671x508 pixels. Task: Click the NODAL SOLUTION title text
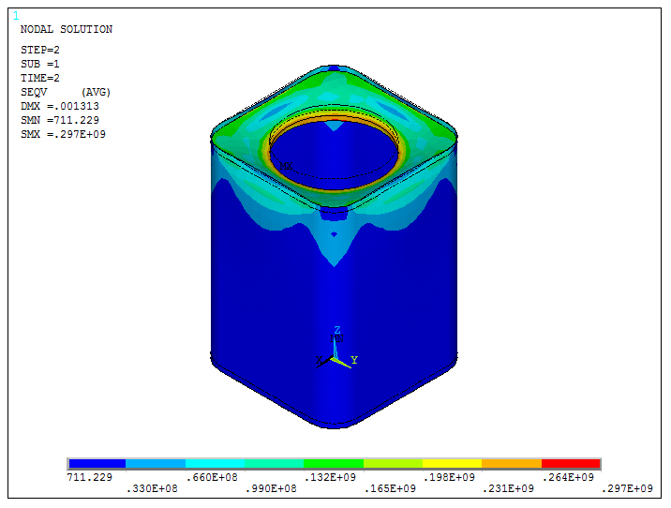66,29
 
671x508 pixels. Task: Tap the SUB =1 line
40,64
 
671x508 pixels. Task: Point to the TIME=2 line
40,78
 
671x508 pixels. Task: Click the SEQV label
34,92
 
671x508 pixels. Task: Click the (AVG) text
97,92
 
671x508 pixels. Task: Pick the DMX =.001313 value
59,106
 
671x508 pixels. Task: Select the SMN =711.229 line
59,120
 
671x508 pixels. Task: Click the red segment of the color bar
571,464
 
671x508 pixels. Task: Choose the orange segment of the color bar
512,464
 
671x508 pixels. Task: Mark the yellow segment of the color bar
452,464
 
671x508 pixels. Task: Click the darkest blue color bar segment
97,464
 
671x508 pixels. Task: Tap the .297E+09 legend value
627,488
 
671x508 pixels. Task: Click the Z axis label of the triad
337,330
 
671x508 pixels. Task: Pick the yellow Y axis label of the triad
354,359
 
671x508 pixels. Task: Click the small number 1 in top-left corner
16,16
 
